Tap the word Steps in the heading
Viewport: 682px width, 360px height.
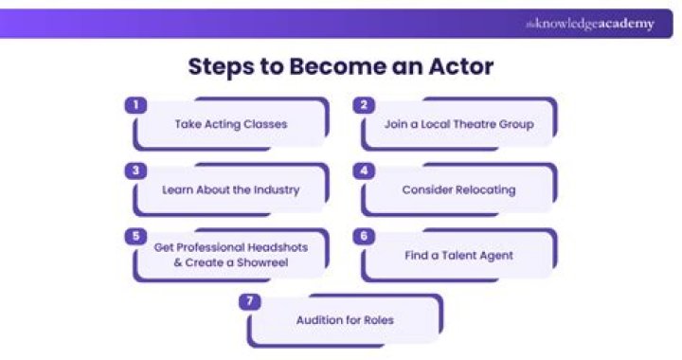[x=224, y=67]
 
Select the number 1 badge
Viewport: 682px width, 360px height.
[x=136, y=105]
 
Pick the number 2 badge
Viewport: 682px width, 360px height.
[x=363, y=105]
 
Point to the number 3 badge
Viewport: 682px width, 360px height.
[x=136, y=171]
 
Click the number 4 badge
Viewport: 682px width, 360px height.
[x=363, y=171]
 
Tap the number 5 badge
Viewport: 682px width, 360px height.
[x=136, y=236]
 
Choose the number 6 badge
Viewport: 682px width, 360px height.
[x=363, y=236]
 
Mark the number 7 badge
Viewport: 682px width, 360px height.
[x=250, y=301]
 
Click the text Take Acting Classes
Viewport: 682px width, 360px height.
[x=231, y=124]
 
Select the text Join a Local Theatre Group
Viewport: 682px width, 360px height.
[x=458, y=124]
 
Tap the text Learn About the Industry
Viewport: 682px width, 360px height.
[x=231, y=189]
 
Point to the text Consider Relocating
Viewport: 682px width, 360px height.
[x=458, y=189]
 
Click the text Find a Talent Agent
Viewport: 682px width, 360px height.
[x=458, y=254]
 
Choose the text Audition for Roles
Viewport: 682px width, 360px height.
[x=345, y=320]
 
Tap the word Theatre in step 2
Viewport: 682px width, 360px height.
[x=477, y=124]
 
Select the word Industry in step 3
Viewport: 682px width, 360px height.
[x=276, y=189]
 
